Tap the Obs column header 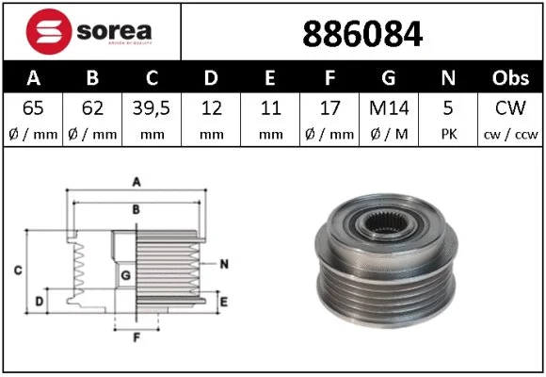pyautogui.click(x=510, y=78)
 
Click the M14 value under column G pyautogui.click(x=390, y=108)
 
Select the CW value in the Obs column pyautogui.click(x=510, y=108)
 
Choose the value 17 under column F pyautogui.click(x=330, y=108)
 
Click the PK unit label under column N pyautogui.click(x=450, y=133)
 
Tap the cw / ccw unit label pyautogui.click(x=510, y=133)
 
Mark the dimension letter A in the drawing pyautogui.click(x=136, y=181)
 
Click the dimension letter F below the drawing pyautogui.click(x=136, y=336)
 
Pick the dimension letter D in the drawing pyautogui.click(x=39, y=302)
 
